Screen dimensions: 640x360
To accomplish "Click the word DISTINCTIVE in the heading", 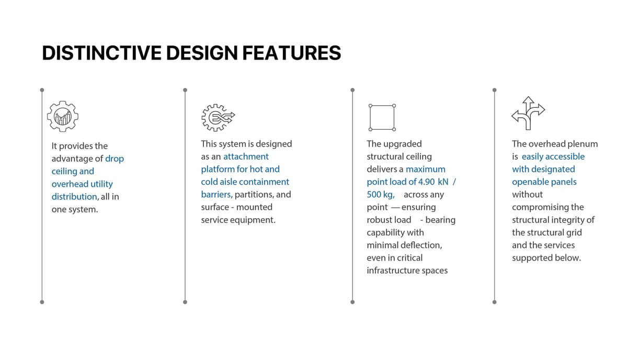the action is click(x=102, y=53).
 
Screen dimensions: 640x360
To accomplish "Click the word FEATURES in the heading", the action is click(x=292, y=53).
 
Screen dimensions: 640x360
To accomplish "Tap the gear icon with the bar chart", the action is click(x=63, y=116).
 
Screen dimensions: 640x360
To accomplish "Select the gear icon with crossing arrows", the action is click(x=218, y=118).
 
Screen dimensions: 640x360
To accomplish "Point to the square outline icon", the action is click(x=370, y=118).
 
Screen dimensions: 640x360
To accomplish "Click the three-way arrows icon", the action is click(x=528, y=113).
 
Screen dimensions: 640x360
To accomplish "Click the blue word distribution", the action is click(x=74, y=197).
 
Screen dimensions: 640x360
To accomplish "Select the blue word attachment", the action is click(x=246, y=156).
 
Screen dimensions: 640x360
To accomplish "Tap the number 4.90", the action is click(x=426, y=182).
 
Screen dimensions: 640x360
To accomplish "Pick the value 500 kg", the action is click(x=380, y=195).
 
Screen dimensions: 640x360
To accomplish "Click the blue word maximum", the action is click(x=426, y=170).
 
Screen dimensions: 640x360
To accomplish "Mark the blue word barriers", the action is click(x=216, y=195).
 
